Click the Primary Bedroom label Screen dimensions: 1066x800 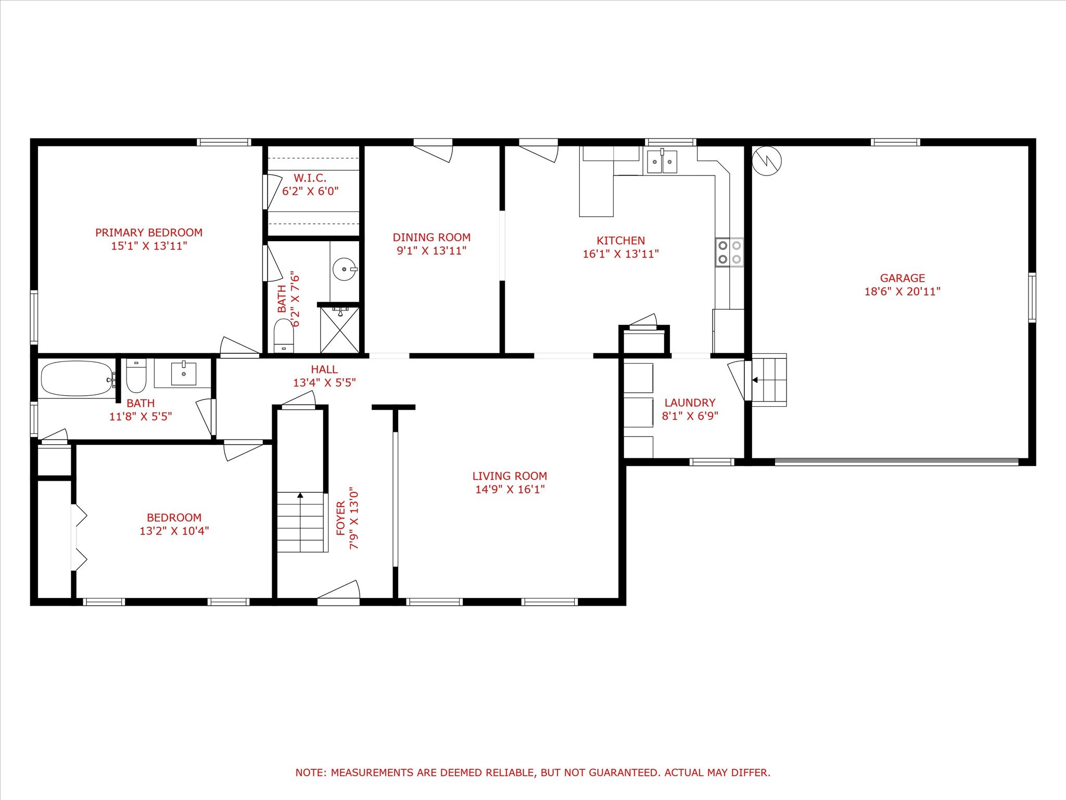tap(149, 233)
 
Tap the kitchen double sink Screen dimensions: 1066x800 tap(662, 161)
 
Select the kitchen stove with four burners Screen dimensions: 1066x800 tap(729, 252)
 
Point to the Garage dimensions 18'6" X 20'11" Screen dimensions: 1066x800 tap(903, 292)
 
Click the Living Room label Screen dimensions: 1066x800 tap(510, 476)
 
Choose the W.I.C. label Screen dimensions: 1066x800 tap(310, 178)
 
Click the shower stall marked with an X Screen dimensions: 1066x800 tap(339, 330)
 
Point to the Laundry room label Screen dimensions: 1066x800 tap(690, 403)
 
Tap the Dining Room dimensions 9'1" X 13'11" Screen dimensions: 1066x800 tap(432, 251)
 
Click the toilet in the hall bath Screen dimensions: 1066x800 tap(136, 376)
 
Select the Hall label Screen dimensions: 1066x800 tap(324, 369)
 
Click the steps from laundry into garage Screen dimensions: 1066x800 tap(769, 380)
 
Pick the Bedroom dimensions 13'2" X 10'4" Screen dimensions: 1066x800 tap(174, 531)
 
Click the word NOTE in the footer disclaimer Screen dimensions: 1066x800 tap(310, 772)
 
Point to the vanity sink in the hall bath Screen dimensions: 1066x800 tap(184, 373)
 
